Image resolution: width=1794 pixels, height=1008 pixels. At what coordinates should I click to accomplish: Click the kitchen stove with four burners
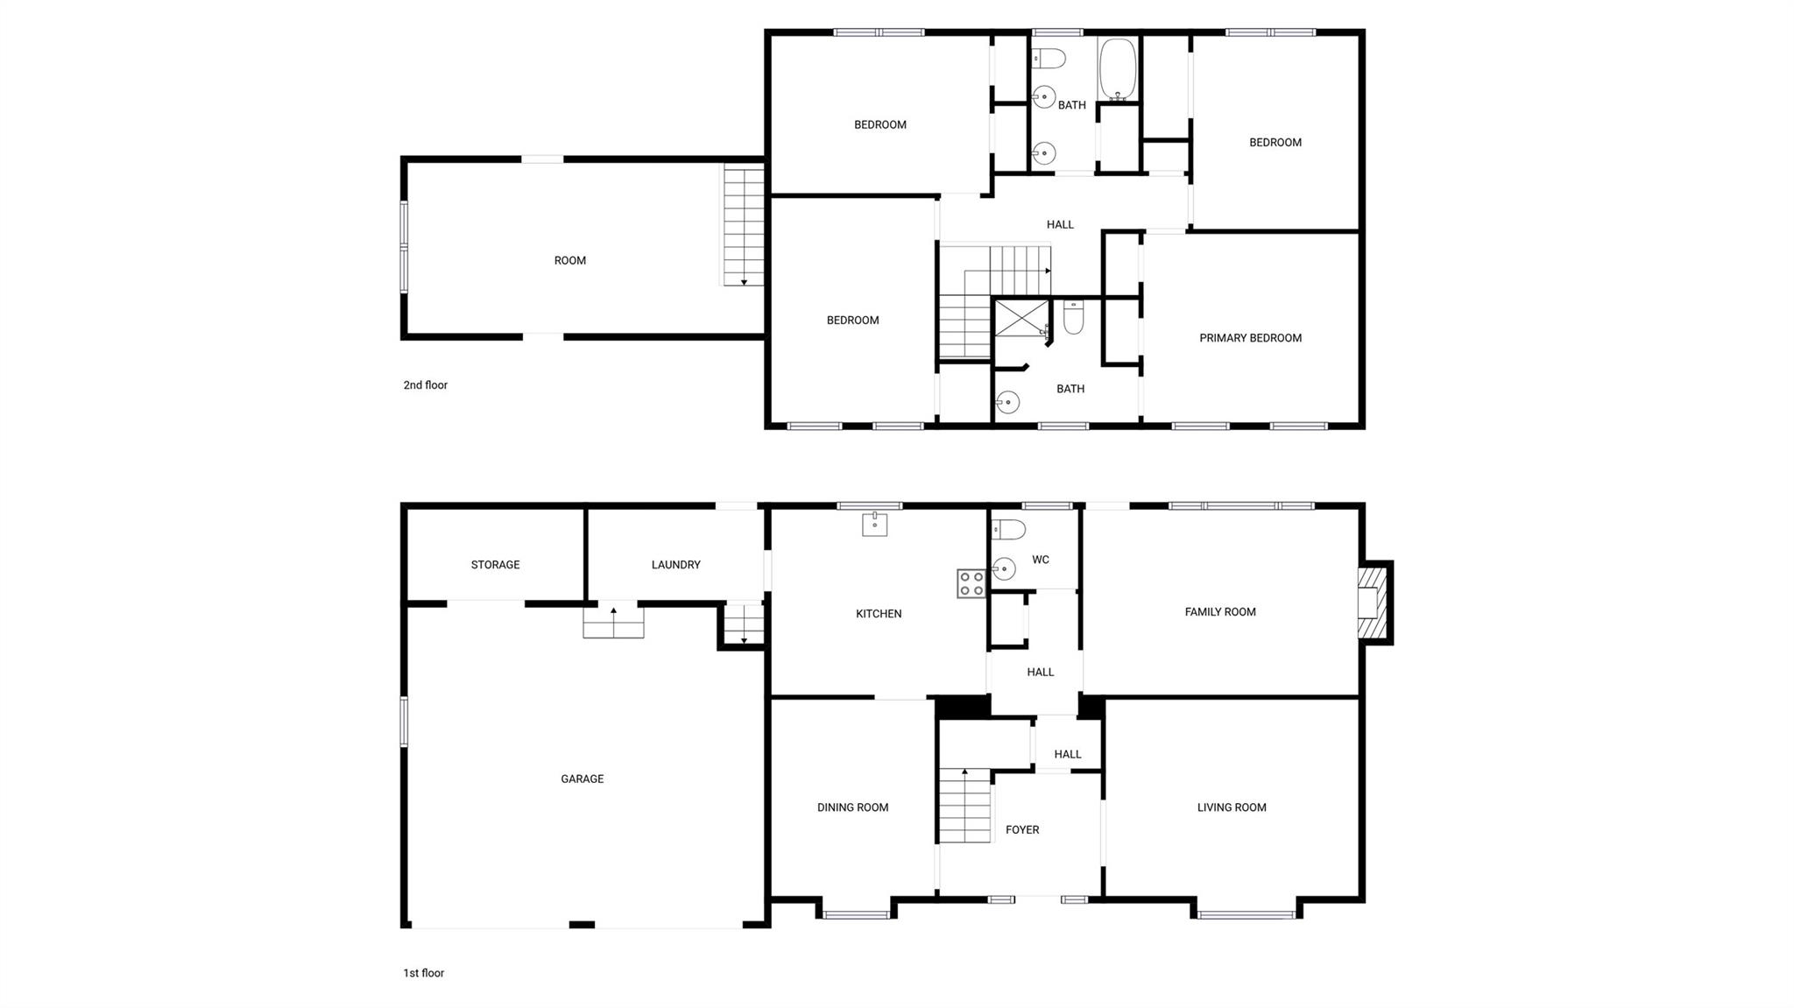coord(971,583)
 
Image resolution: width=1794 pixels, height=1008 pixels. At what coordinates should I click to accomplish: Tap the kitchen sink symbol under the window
coord(874,525)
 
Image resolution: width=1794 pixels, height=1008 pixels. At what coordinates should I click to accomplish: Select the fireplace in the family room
coord(1372,603)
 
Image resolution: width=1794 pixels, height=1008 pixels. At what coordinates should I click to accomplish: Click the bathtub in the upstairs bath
coord(1117,67)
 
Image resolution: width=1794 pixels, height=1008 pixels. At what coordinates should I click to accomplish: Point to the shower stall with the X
coord(1021,319)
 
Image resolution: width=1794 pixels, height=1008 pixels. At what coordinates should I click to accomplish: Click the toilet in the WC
coord(1008,529)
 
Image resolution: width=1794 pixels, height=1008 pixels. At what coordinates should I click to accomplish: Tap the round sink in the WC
coord(1004,569)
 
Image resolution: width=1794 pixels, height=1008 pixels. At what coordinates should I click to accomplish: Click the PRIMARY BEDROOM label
coord(1250,338)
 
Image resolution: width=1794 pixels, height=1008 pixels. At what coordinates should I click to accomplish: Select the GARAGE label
coord(582,779)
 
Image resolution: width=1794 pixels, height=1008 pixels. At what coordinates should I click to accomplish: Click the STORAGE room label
coord(495,565)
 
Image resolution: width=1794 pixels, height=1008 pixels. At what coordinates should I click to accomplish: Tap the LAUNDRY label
coord(675,565)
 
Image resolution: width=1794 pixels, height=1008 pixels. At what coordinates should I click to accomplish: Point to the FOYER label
coord(1022,829)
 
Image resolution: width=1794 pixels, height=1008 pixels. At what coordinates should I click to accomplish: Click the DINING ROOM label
coord(852,807)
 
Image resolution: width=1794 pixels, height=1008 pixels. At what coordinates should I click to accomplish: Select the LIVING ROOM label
coord(1231,807)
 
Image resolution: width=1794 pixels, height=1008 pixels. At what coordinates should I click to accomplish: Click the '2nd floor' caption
coord(425,385)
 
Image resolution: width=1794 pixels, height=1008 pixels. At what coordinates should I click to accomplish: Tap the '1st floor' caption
coord(423,973)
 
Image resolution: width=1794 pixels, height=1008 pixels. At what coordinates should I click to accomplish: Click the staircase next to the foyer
coord(964,807)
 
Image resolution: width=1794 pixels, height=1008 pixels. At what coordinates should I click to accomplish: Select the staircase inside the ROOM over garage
coord(744,226)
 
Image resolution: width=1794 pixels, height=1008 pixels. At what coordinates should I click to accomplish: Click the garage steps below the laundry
coord(613,622)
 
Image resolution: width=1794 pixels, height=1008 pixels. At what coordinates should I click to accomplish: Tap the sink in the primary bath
coord(1008,403)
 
